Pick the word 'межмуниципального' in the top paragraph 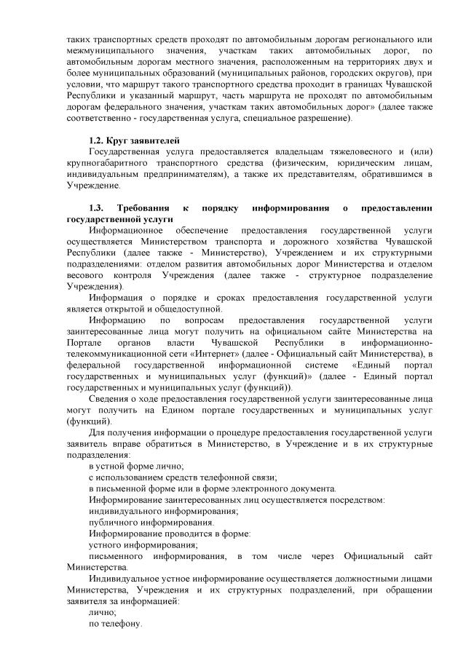(108, 50)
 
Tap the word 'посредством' (358, 499)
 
